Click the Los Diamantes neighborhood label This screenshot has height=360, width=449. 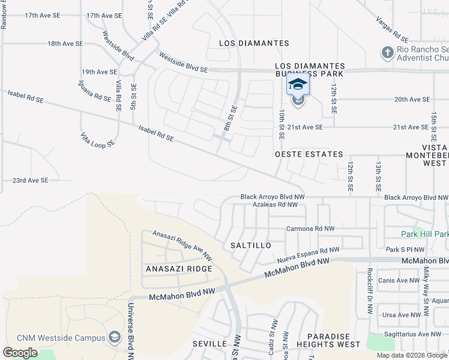pyautogui.click(x=254, y=43)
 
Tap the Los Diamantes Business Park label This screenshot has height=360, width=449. pyautogui.click(x=310, y=70)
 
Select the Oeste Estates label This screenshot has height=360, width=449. pyautogui.click(x=309, y=154)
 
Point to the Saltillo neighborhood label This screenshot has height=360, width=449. pyautogui.click(x=251, y=246)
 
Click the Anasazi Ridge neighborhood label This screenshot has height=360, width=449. pyautogui.click(x=179, y=269)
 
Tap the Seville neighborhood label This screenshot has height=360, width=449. pyautogui.click(x=209, y=344)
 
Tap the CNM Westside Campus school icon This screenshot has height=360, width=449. pyautogui.click(x=114, y=337)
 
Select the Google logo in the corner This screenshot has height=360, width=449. pyautogui.click(x=20, y=353)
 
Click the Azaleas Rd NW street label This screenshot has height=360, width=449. pyautogui.click(x=275, y=205)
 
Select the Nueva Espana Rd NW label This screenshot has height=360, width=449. pyautogui.click(x=309, y=254)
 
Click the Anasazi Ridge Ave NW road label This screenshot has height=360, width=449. pyautogui.click(x=182, y=245)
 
